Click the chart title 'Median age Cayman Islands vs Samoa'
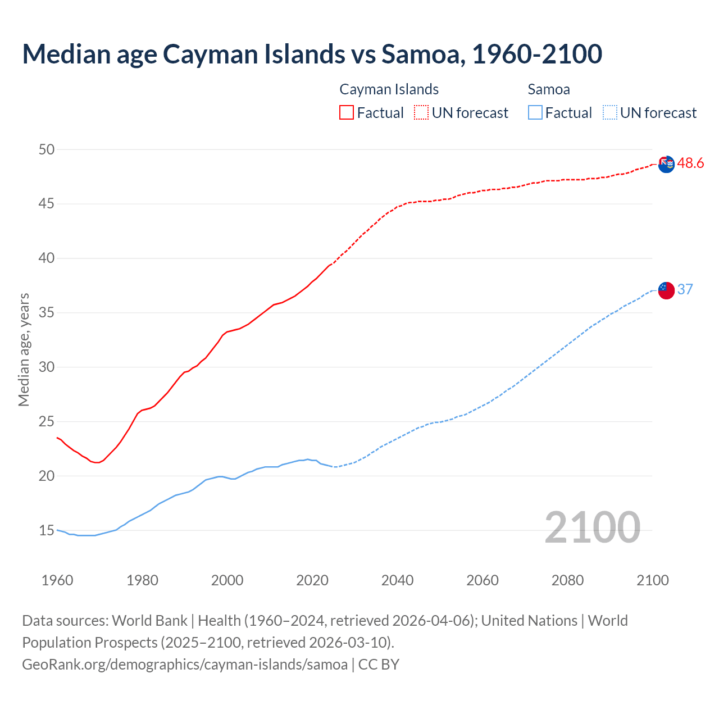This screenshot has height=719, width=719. click(312, 54)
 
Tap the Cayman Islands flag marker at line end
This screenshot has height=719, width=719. click(666, 165)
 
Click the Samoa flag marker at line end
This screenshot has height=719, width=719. click(666, 290)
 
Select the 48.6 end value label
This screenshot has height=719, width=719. click(690, 163)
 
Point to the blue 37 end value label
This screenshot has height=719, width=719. click(685, 289)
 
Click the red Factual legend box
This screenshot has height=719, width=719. click(347, 113)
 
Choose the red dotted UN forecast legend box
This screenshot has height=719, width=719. click(421, 113)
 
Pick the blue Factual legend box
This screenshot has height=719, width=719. click(535, 113)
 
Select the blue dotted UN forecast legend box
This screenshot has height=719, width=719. click(610, 113)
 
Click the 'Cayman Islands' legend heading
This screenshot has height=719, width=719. click(389, 89)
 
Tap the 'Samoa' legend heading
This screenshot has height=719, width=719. click(549, 89)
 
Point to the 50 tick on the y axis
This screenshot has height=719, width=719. click(47, 149)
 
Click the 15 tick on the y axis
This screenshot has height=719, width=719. click(47, 530)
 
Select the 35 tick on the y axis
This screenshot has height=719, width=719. click(47, 313)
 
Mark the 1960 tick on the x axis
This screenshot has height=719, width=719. click(57, 580)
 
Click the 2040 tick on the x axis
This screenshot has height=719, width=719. click(397, 580)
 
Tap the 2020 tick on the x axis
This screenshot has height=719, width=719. click(312, 580)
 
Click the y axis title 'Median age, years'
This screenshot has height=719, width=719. click(24, 349)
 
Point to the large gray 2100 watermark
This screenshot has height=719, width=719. click(592, 527)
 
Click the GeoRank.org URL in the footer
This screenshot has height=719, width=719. click(185, 665)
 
